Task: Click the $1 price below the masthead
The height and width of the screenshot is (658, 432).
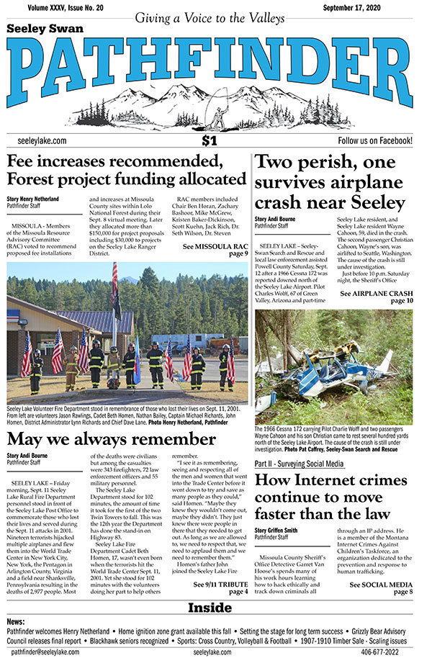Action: point(210,140)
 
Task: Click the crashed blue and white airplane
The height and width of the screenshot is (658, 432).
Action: point(338,374)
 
